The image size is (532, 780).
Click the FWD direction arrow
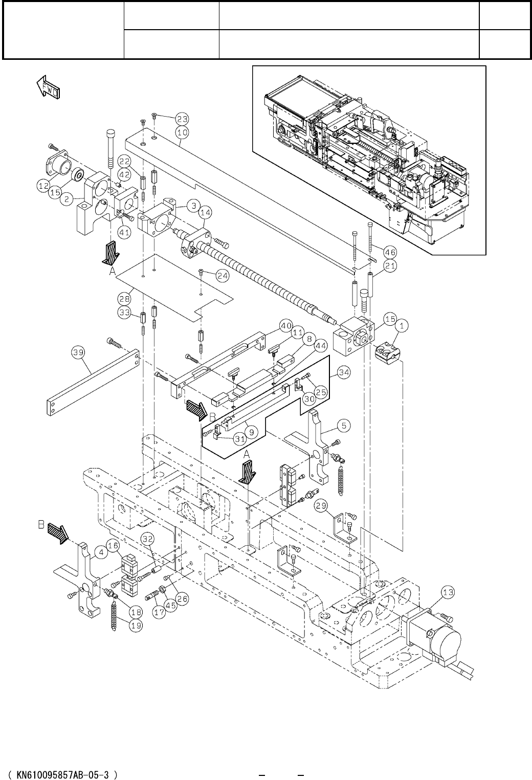click(x=48, y=87)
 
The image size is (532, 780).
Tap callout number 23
click(x=182, y=119)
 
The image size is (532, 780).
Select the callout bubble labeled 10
click(x=183, y=132)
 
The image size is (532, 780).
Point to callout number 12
click(x=43, y=186)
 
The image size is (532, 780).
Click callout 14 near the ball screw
click(x=206, y=212)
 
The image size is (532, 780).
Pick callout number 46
click(x=390, y=252)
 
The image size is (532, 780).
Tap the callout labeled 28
click(x=124, y=299)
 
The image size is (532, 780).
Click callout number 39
click(x=78, y=352)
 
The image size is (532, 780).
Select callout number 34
click(x=344, y=372)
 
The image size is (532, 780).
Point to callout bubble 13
click(x=449, y=592)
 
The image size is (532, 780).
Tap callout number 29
click(x=321, y=505)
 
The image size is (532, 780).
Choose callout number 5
click(x=344, y=426)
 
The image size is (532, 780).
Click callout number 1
click(x=402, y=326)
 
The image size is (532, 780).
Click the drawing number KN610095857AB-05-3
click(x=63, y=772)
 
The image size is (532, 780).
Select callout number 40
click(x=286, y=326)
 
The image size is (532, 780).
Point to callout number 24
click(x=223, y=276)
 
